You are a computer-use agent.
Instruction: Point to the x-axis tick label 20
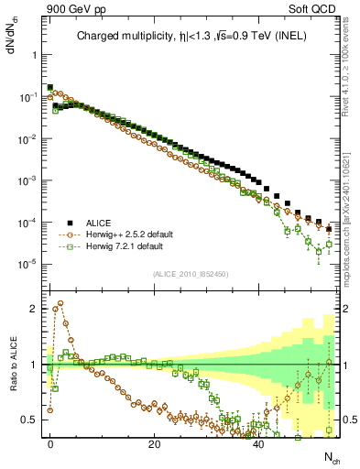154,443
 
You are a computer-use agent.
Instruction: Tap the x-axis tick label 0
50,443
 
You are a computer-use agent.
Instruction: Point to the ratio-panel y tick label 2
29,309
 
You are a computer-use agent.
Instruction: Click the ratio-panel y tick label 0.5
26,420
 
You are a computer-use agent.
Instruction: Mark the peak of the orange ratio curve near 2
60,303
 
